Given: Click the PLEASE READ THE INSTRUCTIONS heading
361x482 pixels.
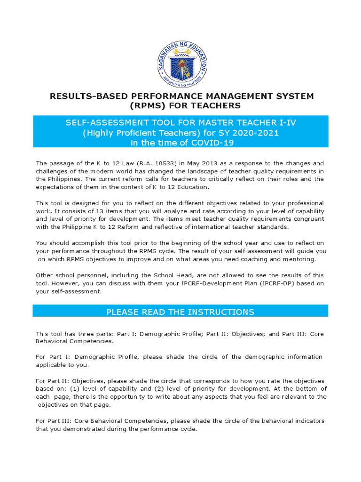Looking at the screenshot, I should pyautogui.click(x=180, y=312).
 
